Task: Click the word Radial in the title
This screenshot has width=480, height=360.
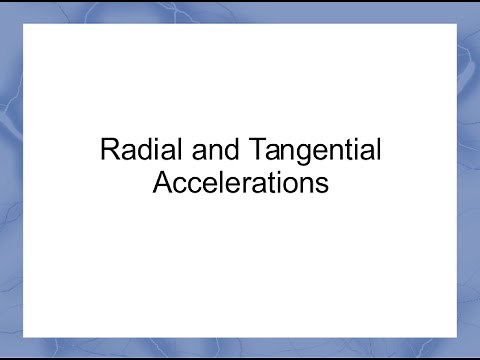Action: (131, 153)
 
